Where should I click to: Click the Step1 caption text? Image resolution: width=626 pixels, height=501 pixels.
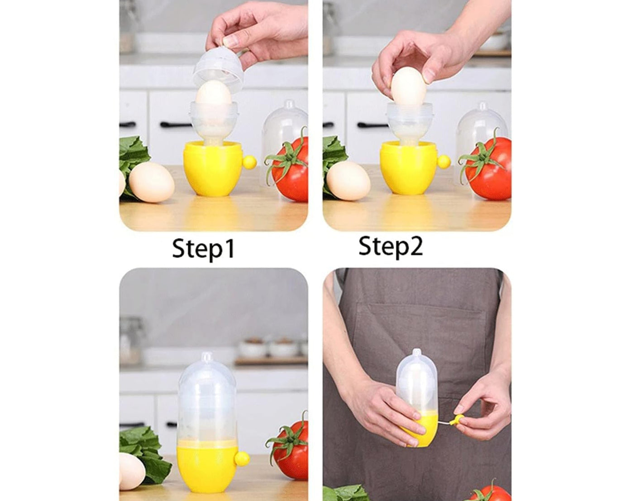point(204,249)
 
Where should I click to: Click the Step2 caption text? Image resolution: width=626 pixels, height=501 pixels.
point(390,247)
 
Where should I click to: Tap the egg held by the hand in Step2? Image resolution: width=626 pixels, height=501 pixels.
point(408,87)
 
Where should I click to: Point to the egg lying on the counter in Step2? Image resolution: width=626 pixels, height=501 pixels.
point(348,181)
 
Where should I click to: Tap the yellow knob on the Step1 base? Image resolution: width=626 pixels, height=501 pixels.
point(249,162)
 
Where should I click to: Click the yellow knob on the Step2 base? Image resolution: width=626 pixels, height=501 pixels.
point(444,161)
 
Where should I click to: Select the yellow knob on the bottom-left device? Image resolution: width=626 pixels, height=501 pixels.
point(242,459)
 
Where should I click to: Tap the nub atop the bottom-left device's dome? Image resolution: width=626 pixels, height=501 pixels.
point(206,357)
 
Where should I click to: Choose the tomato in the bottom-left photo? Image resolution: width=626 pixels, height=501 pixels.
point(292,448)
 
